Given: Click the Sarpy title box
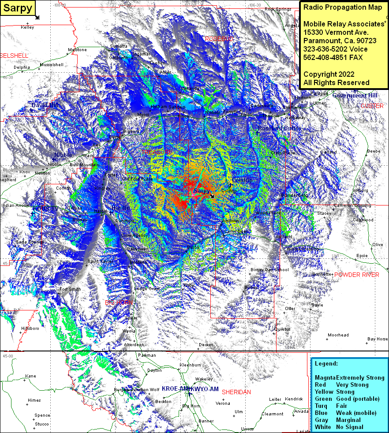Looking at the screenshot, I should tap(18, 8).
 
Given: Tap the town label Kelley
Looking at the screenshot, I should tap(27, 27).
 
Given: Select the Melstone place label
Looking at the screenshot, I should tap(77, 50).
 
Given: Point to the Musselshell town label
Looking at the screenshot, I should tap(51, 64).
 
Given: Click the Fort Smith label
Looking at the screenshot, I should tap(70, 289).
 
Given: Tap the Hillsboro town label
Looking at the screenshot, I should tap(30, 328).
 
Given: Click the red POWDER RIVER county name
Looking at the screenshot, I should tap(357, 275).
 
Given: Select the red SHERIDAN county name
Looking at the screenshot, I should tap(236, 392).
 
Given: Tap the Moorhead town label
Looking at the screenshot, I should tap(338, 335).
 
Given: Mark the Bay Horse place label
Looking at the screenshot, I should tap(378, 339).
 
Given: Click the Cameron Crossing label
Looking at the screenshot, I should tap(352, 205).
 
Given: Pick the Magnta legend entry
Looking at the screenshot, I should tap(325, 378).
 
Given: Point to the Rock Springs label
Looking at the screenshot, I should tap(278, 9).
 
